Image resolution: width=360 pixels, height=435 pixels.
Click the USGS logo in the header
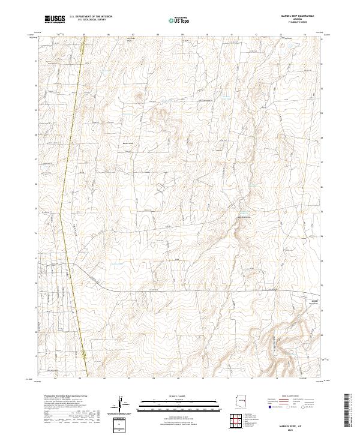pyautogui.click(x=55, y=20)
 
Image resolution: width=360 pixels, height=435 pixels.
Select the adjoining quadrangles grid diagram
pyautogui.click(x=238, y=421)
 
